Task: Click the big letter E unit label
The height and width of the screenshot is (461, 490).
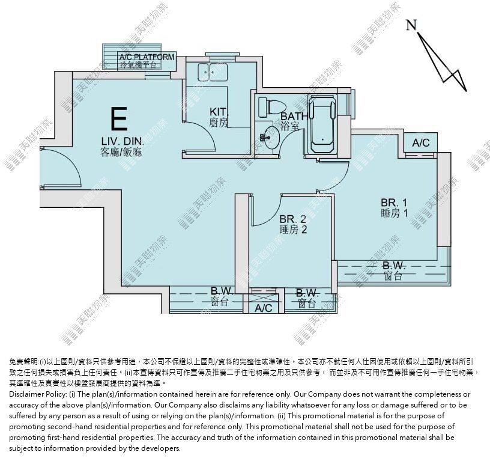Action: (x=119, y=118)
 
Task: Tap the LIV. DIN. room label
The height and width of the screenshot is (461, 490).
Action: (x=122, y=141)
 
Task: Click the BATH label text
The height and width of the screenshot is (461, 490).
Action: (x=294, y=116)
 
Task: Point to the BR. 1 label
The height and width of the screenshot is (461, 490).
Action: (x=394, y=202)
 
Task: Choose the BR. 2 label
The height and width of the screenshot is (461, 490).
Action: (x=293, y=219)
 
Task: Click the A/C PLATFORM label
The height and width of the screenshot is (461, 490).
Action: (x=147, y=57)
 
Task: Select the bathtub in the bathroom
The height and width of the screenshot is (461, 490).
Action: (x=322, y=124)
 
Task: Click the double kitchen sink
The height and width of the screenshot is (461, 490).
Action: (x=213, y=72)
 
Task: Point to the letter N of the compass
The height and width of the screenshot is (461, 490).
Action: (x=411, y=25)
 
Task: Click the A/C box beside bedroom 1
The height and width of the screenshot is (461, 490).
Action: (x=420, y=143)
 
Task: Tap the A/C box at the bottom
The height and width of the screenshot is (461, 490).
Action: (x=264, y=308)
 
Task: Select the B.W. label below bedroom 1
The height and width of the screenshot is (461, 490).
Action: (x=394, y=266)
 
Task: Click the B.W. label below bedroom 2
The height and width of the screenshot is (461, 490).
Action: (x=307, y=293)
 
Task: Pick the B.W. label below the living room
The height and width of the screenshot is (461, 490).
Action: (x=222, y=291)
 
